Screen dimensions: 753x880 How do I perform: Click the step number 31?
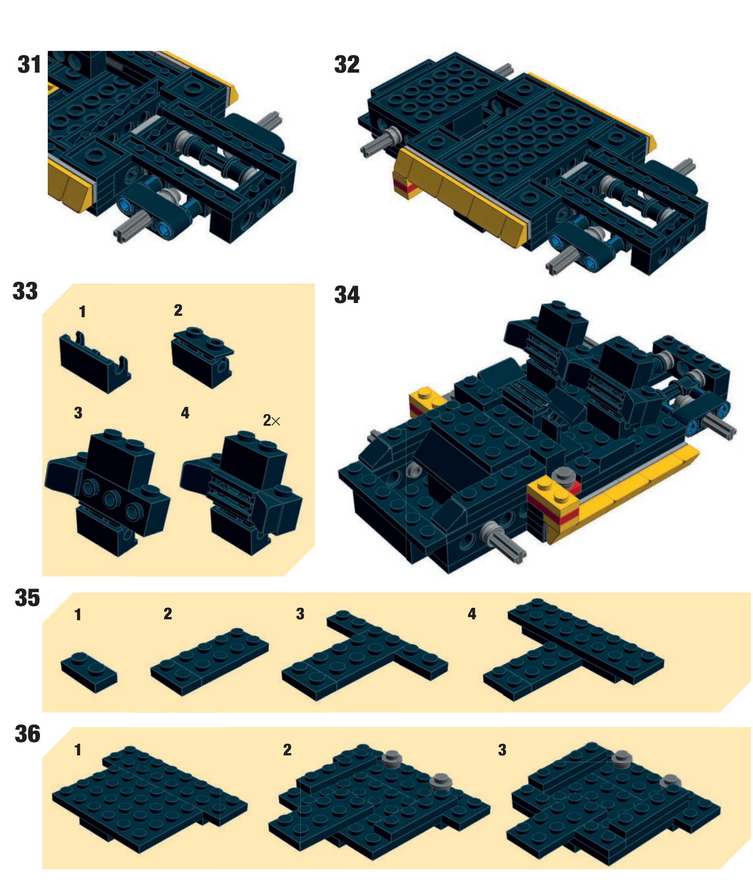pyautogui.click(x=29, y=64)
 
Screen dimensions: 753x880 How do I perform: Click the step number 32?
pyautogui.click(x=347, y=64)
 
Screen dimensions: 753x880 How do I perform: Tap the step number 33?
pyautogui.click(x=25, y=291)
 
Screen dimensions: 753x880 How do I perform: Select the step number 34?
pyautogui.click(x=347, y=295)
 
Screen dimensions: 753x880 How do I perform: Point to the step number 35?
pyautogui.click(x=28, y=598)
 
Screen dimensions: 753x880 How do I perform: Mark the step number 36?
pyautogui.click(x=28, y=734)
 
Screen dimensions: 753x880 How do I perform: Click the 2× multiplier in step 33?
pyautogui.click(x=271, y=420)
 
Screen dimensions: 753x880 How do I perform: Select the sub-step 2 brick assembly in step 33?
pyautogui.click(x=202, y=358)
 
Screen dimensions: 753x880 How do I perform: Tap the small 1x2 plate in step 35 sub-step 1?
pyautogui.click(x=89, y=672)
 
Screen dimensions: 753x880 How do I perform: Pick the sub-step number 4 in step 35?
pyautogui.click(x=472, y=614)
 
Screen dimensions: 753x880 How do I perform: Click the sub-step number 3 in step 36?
pyautogui.click(x=502, y=750)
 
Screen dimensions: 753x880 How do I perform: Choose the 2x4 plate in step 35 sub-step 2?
pyautogui.click(x=210, y=662)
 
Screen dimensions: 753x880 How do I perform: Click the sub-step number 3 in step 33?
pyautogui.click(x=78, y=413)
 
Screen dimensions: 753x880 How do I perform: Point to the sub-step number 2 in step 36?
pyautogui.click(x=287, y=750)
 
